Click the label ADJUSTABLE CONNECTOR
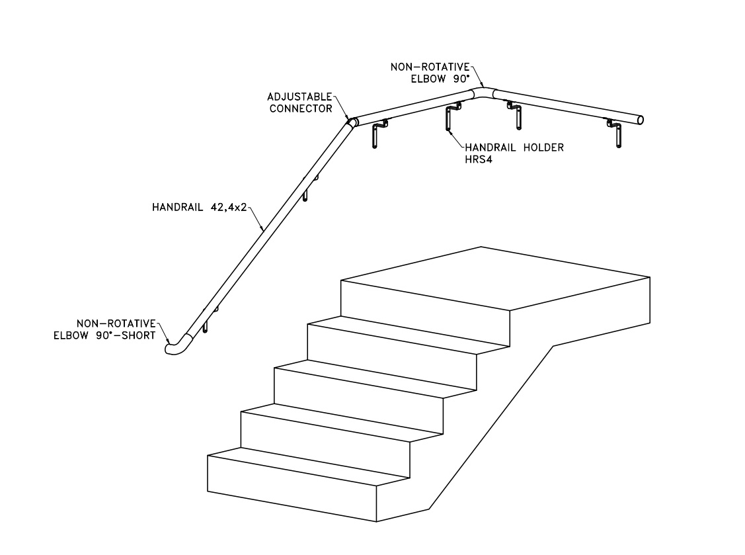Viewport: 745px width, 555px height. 301,102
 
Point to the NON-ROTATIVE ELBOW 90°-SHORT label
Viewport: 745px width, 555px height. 105,329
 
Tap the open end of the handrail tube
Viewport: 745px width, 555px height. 640,120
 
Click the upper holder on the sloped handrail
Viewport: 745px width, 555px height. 309,187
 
